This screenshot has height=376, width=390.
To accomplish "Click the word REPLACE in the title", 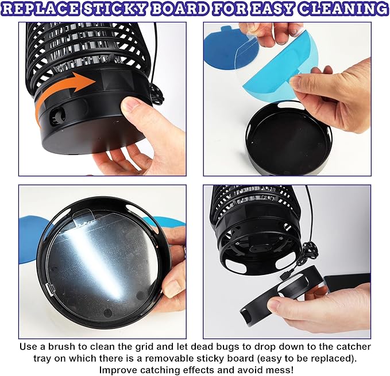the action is (41, 9).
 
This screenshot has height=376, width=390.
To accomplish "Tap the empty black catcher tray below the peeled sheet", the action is (288, 138).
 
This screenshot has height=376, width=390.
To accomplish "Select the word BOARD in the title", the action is (180, 9).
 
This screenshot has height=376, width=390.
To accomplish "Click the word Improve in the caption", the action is (118, 370).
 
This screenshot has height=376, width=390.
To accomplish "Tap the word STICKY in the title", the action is (115, 9).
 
